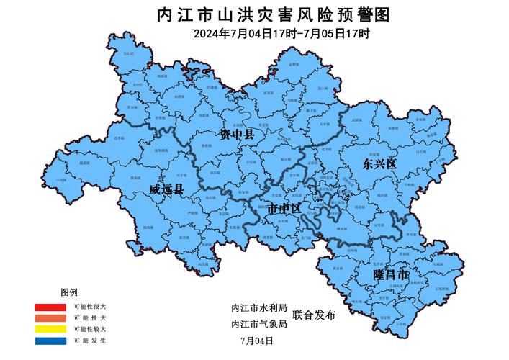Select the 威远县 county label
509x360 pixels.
(167, 189)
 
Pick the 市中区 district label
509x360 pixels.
(284, 209)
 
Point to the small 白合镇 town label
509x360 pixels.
(421, 153)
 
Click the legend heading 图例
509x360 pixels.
(69, 292)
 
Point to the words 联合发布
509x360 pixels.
(315, 315)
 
